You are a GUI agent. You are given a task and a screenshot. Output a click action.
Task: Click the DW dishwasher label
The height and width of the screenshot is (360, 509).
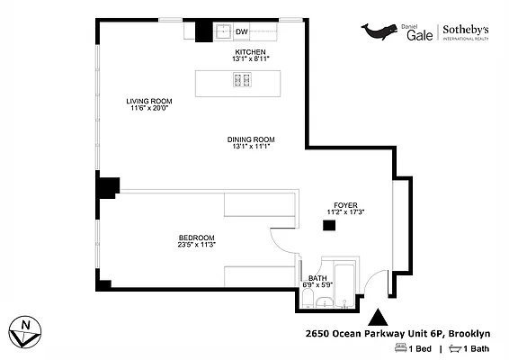tap(241, 32)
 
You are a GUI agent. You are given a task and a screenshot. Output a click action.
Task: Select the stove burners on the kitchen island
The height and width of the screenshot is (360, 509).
tap(242, 81)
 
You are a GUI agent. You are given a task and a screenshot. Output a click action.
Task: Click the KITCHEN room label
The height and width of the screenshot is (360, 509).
tap(252, 52)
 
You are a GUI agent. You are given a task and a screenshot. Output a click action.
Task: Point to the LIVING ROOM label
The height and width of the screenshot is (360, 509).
tap(147, 101)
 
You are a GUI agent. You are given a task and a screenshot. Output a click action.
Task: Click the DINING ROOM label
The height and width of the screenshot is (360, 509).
tap(251, 139)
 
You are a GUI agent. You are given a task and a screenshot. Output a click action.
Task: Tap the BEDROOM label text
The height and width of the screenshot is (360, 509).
tap(196, 238)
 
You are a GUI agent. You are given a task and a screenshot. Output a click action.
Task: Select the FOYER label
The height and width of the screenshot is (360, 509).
tap(345, 205)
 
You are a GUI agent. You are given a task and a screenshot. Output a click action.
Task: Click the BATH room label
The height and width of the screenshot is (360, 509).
tap(317, 278)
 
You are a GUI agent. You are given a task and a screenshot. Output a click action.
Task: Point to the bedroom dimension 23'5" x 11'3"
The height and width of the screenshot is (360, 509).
tap(196, 245)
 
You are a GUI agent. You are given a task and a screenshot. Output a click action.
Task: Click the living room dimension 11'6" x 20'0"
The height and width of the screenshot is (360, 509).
tap(147, 108)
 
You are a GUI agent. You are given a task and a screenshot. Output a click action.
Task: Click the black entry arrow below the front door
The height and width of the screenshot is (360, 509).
tap(379, 316)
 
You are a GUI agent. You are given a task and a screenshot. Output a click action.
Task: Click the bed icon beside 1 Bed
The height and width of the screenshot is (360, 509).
tap(400, 348)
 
